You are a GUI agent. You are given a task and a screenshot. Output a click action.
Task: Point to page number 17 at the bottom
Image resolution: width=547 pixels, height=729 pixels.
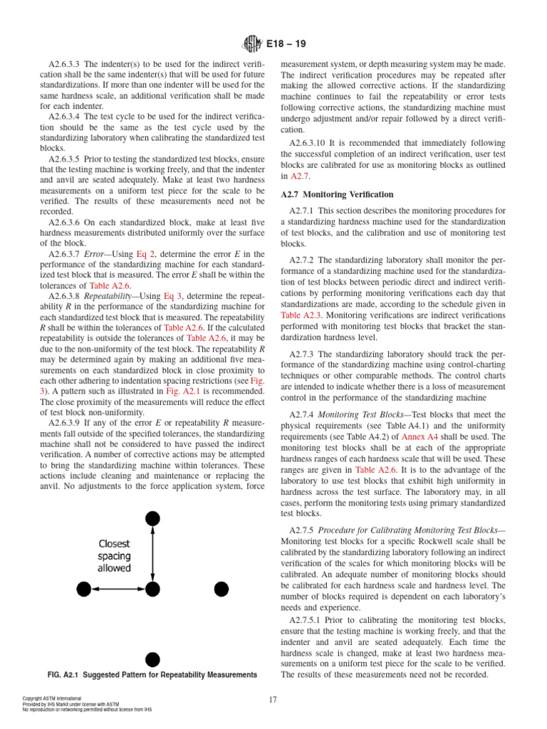click(x=273, y=700)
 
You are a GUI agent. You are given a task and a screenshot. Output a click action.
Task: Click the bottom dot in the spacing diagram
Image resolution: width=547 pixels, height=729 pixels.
click(x=151, y=659)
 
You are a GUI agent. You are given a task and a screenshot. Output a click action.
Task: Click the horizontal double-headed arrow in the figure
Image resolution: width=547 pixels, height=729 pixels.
click(x=117, y=588)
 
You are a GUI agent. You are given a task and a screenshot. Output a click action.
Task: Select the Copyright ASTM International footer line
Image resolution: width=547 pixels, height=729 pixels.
click(x=52, y=698)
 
